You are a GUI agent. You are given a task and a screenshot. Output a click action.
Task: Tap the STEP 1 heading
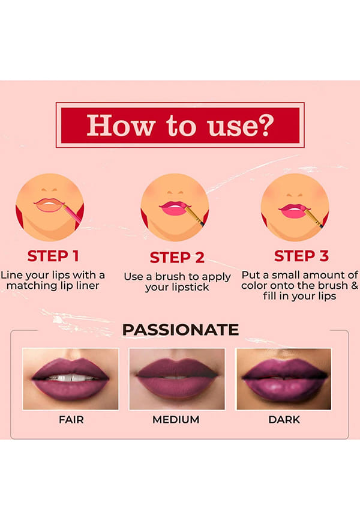53,256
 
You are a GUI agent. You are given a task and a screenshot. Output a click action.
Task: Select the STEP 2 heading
177,258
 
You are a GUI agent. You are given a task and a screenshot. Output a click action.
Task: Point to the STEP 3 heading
301,256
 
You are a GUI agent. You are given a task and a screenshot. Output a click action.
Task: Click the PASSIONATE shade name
181,330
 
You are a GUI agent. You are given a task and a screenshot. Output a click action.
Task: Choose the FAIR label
71,420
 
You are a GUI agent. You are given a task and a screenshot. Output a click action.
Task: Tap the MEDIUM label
176,420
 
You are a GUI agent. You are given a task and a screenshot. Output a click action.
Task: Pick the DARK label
284,420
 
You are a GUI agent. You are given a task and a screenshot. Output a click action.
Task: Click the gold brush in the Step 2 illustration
194,216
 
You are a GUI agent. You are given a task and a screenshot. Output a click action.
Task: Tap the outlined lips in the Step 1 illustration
49,205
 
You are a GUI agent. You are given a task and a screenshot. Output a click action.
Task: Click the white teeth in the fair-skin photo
71,378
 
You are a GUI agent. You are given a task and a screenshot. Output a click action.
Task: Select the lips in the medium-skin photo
176,378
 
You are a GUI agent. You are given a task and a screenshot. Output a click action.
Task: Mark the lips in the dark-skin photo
284,379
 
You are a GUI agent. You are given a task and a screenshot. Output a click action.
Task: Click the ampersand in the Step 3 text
354,286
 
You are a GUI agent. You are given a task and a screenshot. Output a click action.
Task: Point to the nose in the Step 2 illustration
175,193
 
